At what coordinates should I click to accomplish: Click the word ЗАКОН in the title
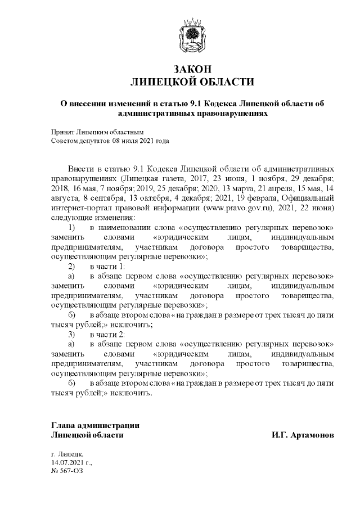click(192, 69)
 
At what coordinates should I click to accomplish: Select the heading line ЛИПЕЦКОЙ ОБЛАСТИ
click(192, 82)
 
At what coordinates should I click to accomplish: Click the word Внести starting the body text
click(80, 168)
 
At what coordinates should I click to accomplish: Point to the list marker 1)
click(71, 227)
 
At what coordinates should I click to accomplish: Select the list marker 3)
click(71, 334)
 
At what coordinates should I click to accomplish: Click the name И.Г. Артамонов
click(303, 435)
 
